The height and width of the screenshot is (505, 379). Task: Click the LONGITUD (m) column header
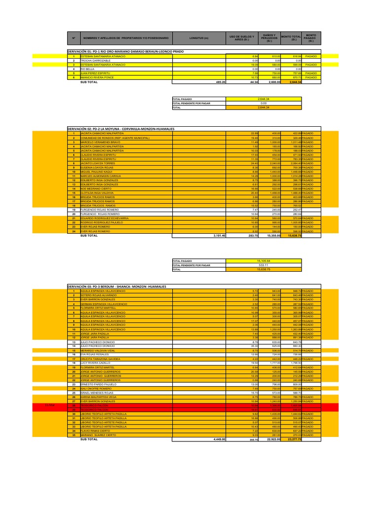point(199,38)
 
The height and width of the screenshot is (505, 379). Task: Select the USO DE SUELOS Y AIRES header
point(242,38)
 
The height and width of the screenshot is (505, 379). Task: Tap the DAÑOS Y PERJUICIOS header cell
point(269,38)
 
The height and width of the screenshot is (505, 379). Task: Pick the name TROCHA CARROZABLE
point(96,61)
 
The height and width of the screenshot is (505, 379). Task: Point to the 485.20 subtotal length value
point(220,82)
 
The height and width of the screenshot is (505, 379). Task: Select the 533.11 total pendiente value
point(263,265)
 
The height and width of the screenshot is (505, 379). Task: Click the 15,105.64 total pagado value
point(263,260)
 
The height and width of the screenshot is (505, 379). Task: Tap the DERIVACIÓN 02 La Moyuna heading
point(121,129)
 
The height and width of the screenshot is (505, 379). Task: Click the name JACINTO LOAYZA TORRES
point(99,163)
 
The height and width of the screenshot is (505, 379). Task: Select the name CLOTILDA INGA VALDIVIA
point(99,193)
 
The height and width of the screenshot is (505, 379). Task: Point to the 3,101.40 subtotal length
point(217,236)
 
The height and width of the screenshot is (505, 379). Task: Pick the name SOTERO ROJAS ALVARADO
point(98,295)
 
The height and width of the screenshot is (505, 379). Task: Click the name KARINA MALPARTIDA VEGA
point(99,397)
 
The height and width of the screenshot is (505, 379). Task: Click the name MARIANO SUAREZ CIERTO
point(98,434)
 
